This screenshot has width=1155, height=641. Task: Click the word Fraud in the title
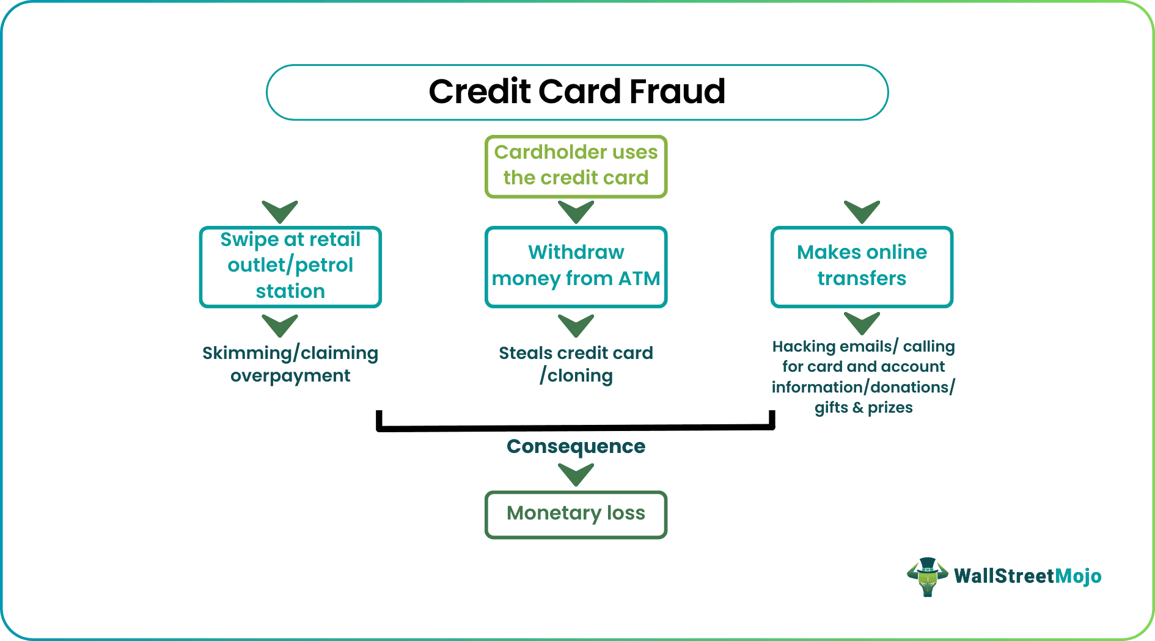pyautogui.click(x=676, y=92)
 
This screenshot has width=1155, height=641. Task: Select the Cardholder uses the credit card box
pyautogui.click(x=576, y=166)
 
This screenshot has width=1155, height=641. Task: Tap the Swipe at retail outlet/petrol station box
pyautogui.click(x=290, y=266)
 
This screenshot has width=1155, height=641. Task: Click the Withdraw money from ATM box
pyautogui.click(x=576, y=266)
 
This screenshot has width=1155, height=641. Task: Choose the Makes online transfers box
pyautogui.click(x=862, y=266)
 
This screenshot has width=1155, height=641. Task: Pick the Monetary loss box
pyautogui.click(x=576, y=514)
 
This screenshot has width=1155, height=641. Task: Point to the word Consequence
pyautogui.click(x=576, y=446)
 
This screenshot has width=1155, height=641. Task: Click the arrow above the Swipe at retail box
pyautogui.click(x=280, y=211)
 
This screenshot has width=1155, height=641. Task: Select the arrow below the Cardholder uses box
pyautogui.click(x=576, y=211)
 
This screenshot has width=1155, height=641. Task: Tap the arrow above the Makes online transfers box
pyautogui.click(x=862, y=211)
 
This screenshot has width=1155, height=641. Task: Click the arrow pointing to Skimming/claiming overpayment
pyautogui.click(x=280, y=325)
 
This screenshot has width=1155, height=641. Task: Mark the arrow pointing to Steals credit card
pyautogui.click(x=576, y=325)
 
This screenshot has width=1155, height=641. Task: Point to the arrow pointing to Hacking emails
pyautogui.click(x=862, y=323)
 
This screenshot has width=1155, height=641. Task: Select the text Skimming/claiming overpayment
pyautogui.click(x=290, y=364)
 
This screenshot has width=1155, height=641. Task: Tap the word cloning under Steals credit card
pyautogui.click(x=580, y=375)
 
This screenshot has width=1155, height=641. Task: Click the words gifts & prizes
pyautogui.click(x=863, y=407)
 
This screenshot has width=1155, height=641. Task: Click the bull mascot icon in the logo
pyautogui.click(x=927, y=576)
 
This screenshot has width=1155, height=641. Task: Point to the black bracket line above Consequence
pyautogui.click(x=576, y=427)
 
